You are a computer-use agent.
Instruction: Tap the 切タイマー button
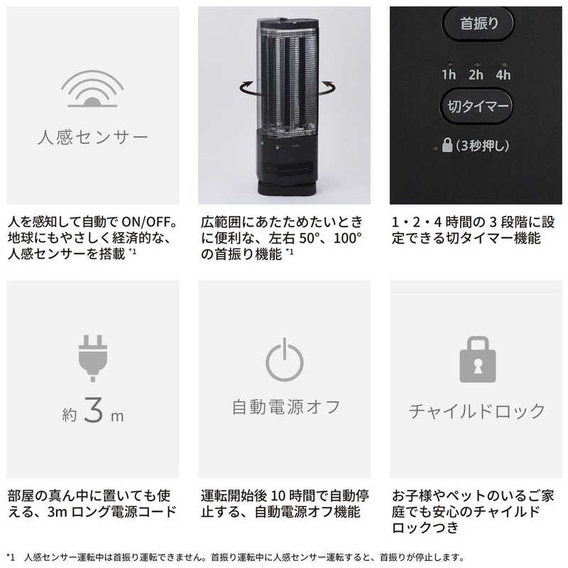pos(478,106)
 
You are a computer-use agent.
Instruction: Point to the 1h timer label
pos(449,74)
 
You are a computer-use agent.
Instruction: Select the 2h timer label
pos(476,74)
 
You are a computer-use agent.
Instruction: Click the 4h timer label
pos(503,74)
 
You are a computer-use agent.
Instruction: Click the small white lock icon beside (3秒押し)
pos(447,147)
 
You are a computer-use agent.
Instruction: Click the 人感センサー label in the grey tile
pos(92,136)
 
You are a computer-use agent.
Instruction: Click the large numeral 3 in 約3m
pos(93,413)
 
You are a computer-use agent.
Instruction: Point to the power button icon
pos(285,361)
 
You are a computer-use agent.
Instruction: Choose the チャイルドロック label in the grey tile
pos(477,411)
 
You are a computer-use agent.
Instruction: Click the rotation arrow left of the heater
pos(246,88)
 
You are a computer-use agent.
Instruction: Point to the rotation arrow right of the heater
pos(325,88)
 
